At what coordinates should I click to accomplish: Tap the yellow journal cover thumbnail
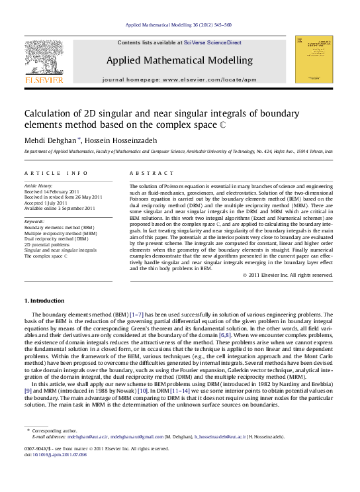click(x=314, y=60)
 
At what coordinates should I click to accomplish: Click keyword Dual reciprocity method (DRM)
click(x=56, y=238)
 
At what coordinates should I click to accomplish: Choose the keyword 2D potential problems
click(x=48, y=244)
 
